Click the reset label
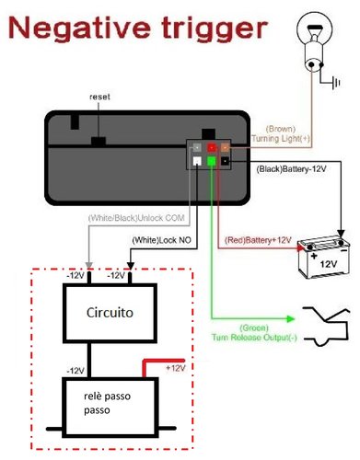click(x=99, y=97)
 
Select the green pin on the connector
click(x=212, y=163)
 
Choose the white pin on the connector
click(x=198, y=163)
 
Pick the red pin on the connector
click(x=212, y=147)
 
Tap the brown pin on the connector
click(x=225, y=147)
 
